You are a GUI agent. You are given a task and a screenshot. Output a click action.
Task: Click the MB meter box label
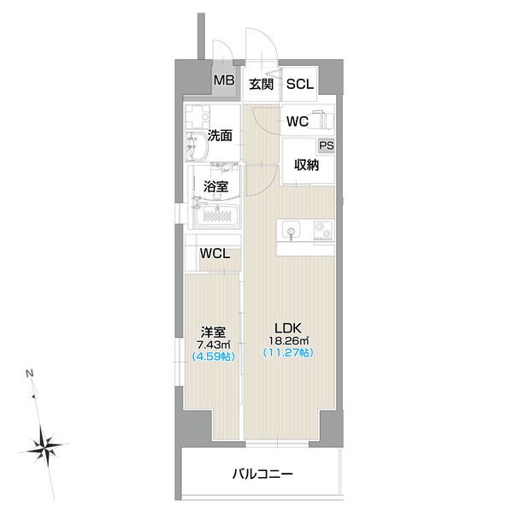(224, 80)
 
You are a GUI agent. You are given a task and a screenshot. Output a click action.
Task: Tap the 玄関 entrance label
(261, 84)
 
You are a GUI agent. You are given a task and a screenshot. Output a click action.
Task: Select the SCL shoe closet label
(300, 84)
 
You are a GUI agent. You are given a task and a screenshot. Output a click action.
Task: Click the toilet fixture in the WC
(323, 120)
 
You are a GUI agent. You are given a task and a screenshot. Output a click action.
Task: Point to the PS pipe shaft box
(327, 145)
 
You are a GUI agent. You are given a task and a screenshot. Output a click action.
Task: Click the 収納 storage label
(306, 165)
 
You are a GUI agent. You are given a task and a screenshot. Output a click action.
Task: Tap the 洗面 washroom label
(220, 135)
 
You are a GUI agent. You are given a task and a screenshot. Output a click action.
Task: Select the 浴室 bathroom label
(215, 186)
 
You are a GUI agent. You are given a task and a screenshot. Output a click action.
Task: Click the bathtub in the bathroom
(217, 216)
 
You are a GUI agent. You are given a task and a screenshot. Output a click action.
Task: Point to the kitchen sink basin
(291, 229)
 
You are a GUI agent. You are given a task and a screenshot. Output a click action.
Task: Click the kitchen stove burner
(322, 230)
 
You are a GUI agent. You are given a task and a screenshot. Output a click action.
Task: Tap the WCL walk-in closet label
(215, 254)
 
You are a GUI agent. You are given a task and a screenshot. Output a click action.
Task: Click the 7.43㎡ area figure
(213, 345)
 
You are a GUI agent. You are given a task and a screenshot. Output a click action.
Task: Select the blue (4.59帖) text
(213, 357)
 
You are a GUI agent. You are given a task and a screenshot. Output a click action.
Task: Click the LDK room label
(288, 327)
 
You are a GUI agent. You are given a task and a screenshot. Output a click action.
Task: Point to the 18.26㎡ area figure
(289, 340)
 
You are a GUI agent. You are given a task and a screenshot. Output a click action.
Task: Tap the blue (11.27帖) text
(288, 352)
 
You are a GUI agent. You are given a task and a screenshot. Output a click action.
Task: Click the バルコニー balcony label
(262, 474)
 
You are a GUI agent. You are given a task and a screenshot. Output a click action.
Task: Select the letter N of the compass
(30, 374)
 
